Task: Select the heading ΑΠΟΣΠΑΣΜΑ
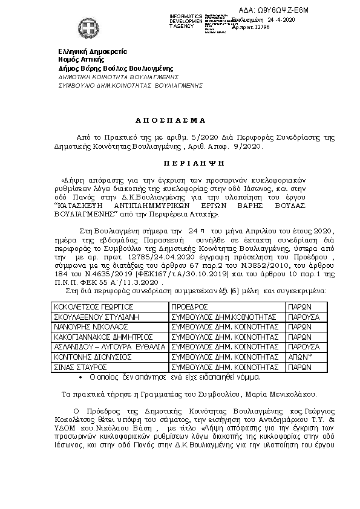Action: pos(179,120)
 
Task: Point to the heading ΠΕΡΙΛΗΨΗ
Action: pos(179,163)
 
